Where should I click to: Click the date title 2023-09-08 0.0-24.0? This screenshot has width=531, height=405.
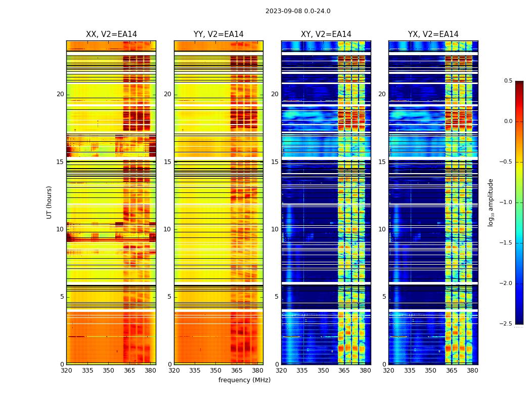click(x=298, y=11)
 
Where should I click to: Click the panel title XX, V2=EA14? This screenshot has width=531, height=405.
click(x=111, y=34)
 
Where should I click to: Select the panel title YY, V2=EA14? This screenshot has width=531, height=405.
click(x=218, y=34)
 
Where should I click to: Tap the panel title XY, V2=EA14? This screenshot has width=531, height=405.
click(x=326, y=34)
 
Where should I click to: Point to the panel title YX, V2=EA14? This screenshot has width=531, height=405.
click(x=433, y=34)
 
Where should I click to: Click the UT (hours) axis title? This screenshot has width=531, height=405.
click(x=49, y=202)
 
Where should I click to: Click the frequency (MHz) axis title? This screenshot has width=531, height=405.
click(x=244, y=380)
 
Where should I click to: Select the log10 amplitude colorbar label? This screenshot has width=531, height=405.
click(x=491, y=202)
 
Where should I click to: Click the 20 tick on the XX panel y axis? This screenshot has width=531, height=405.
click(x=60, y=94)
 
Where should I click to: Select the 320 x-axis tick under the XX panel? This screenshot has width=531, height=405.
click(x=66, y=371)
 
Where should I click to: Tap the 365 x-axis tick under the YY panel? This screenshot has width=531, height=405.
click(x=237, y=371)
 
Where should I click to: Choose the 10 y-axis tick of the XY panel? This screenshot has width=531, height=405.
click(x=275, y=229)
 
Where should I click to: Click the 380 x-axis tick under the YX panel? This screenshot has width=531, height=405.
click(x=472, y=371)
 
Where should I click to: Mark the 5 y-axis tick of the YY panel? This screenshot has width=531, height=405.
click(x=169, y=297)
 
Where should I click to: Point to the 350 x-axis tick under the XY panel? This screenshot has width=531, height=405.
click(x=323, y=371)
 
